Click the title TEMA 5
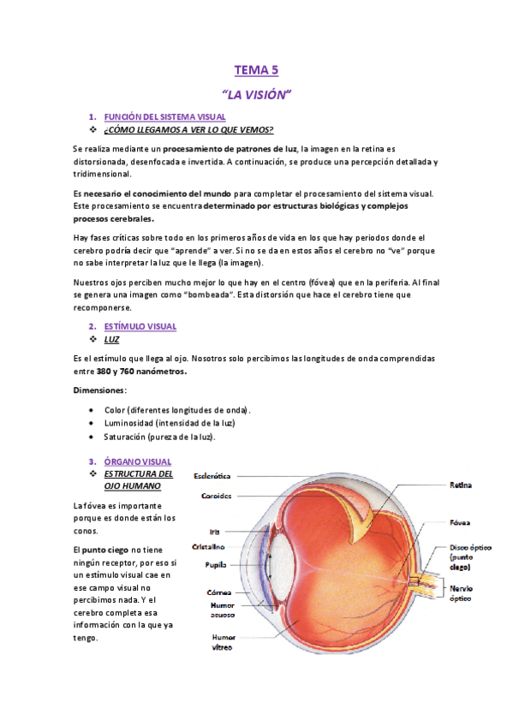(x=256, y=71)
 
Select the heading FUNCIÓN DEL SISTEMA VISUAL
(x=164, y=116)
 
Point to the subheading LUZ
(x=111, y=339)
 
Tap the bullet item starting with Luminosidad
(x=170, y=423)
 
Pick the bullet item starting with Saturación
(x=159, y=437)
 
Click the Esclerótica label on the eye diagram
(x=212, y=474)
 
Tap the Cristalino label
(x=209, y=546)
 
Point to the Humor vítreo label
(x=222, y=642)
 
